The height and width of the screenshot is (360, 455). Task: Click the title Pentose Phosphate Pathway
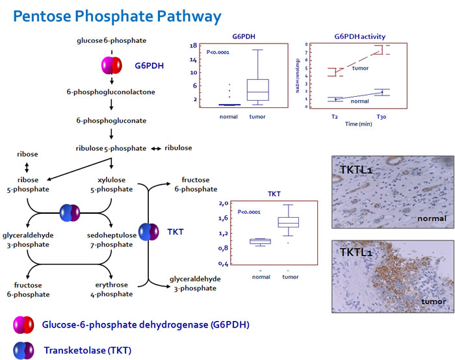click(116, 16)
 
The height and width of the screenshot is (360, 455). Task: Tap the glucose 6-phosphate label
click(112, 40)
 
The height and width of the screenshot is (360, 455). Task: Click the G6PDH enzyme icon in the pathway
click(112, 65)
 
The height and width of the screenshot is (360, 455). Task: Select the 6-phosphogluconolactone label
click(111, 92)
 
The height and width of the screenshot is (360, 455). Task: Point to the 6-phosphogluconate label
click(111, 120)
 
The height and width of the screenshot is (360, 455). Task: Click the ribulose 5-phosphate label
click(111, 148)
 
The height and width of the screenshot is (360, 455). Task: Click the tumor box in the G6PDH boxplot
click(258, 89)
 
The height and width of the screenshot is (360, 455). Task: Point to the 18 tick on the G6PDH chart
click(194, 46)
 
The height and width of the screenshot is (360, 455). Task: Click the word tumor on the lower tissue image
click(432, 302)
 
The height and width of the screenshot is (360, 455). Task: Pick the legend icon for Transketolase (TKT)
click(24, 350)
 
